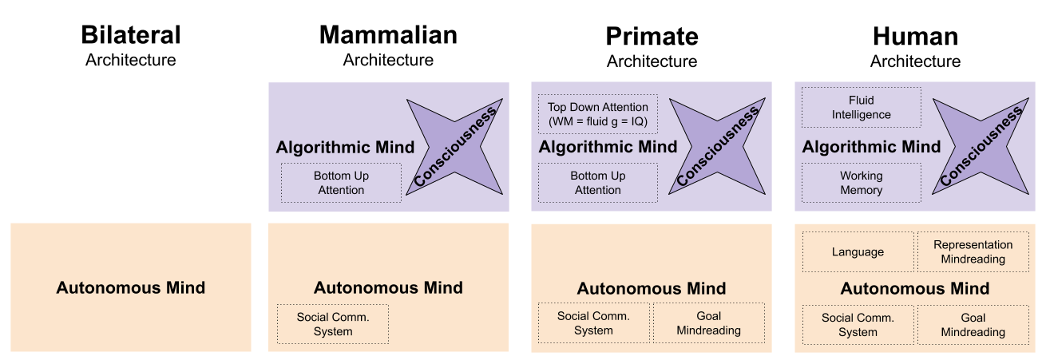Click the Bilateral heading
click(x=131, y=36)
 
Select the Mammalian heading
click(x=388, y=35)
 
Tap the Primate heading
click(x=652, y=36)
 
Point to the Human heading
click(x=915, y=36)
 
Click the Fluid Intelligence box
click(x=861, y=108)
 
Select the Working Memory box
click(x=861, y=183)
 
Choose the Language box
click(x=858, y=252)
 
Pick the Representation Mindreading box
click(x=973, y=252)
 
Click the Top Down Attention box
click(x=597, y=114)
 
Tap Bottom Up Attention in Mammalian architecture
click(x=340, y=183)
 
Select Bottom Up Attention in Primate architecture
click(x=597, y=183)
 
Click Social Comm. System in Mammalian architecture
click(x=333, y=324)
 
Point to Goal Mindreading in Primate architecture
click(x=708, y=324)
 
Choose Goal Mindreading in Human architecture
click(x=973, y=325)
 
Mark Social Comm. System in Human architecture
click(x=858, y=325)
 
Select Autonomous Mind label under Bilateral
click(x=131, y=288)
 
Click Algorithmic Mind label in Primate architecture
click(x=608, y=147)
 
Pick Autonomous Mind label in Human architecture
click(x=915, y=289)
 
